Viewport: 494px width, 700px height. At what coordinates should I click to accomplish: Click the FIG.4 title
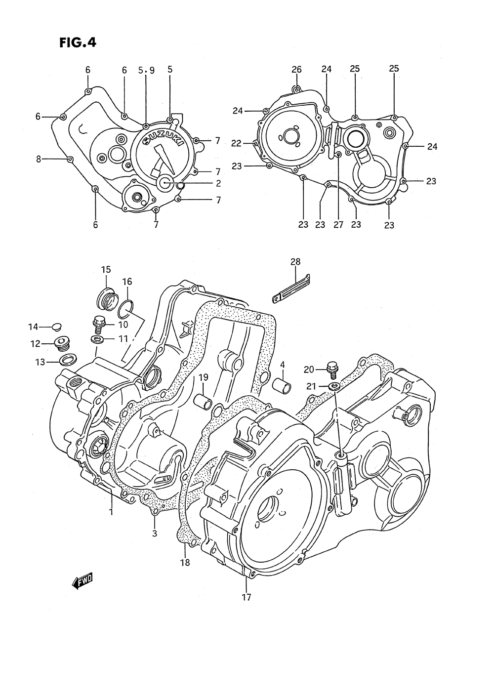pyautogui.click(x=78, y=42)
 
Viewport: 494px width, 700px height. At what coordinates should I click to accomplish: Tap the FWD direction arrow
pyautogui.click(x=82, y=581)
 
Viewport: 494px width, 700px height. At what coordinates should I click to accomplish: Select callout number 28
pyautogui.click(x=295, y=261)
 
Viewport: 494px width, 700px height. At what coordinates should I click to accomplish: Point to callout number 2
pyautogui.click(x=218, y=183)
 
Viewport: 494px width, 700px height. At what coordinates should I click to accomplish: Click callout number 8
pyautogui.click(x=39, y=159)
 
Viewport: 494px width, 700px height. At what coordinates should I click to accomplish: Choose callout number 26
pyautogui.click(x=296, y=69)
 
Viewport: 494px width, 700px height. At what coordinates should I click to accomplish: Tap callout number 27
pyautogui.click(x=338, y=224)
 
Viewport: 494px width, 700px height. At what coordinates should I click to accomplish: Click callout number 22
pyautogui.click(x=237, y=143)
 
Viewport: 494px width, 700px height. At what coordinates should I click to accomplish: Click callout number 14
pyautogui.click(x=33, y=327)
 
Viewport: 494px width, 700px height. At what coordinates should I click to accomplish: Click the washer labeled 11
pyautogui.click(x=96, y=338)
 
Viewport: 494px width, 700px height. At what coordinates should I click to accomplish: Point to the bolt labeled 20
pyautogui.click(x=332, y=368)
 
